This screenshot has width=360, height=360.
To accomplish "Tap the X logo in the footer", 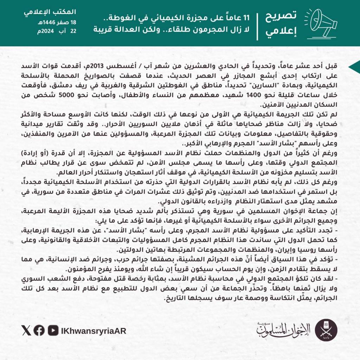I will click(x=26, y=330).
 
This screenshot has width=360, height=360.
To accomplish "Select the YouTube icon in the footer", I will click(x=53, y=330).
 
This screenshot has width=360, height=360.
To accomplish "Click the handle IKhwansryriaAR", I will click(x=93, y=331).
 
